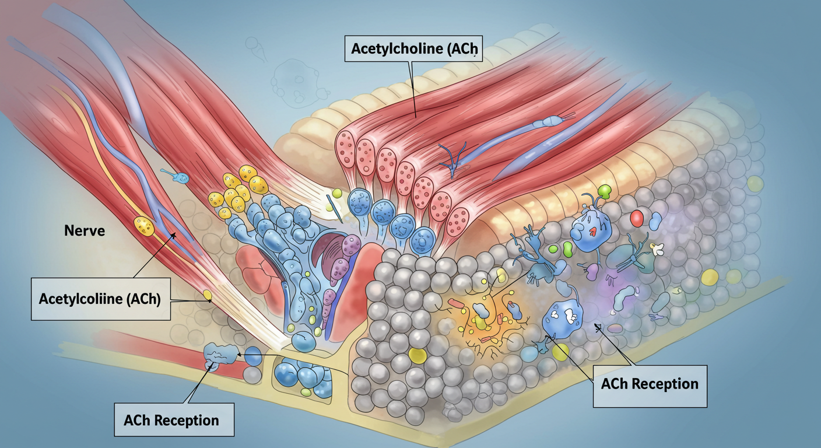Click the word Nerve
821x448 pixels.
coord(85,231)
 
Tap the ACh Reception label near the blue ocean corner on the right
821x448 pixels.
coord(650,384)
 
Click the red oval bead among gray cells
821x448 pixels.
coord(637,219)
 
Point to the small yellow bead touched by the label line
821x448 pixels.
coord(208,296)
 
